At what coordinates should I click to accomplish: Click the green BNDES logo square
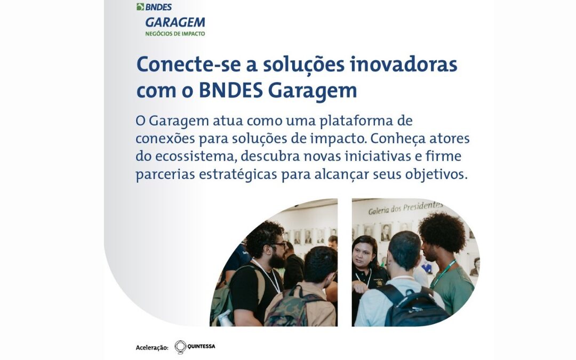140,7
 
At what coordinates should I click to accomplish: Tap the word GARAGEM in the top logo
174,22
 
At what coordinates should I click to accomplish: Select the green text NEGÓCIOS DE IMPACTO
174,34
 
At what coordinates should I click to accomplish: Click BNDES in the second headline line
230,90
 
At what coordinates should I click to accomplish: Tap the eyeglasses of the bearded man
278,245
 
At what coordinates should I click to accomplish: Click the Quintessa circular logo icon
180,347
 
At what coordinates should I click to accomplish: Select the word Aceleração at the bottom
152,348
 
